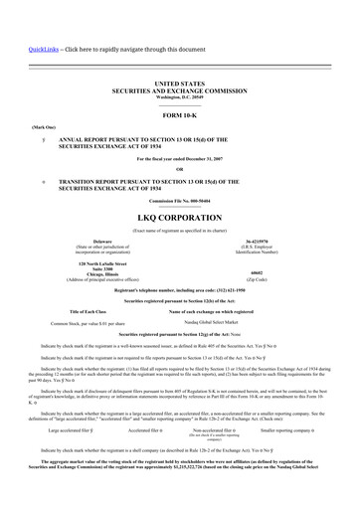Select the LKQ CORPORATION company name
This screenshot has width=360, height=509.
pyautogui.click(x=179, y=216)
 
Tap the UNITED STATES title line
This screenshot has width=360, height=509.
pyautogui.click(x=179, y=86)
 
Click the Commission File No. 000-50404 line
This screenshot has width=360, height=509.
pyautogui.click(x=179, y=202)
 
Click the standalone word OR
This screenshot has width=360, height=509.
pyautogui.click(x=179, y=168)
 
